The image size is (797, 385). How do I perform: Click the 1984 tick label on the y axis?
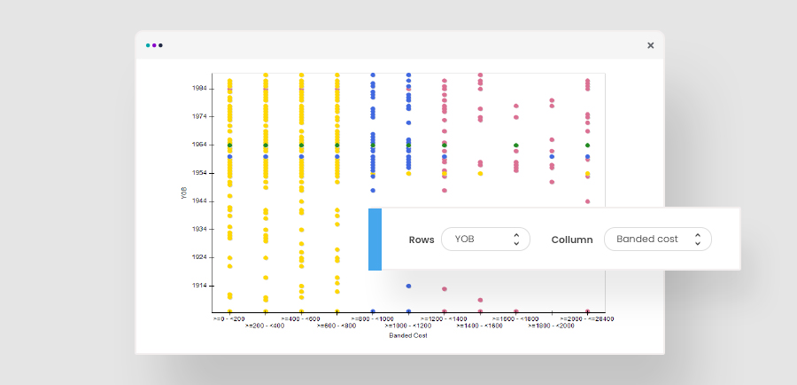(199, 88)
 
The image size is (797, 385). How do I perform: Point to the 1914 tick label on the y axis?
(199, 286)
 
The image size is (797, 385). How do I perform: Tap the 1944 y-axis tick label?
(199, 201)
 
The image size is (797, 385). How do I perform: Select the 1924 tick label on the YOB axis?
(199, 257)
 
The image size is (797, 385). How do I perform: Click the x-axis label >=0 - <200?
(228, 318)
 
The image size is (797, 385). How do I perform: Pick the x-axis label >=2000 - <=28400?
(586, 318)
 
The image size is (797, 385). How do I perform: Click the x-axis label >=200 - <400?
(265, 326)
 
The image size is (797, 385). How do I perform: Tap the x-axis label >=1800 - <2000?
(551, 326)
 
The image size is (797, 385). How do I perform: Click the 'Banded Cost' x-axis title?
(408, 335)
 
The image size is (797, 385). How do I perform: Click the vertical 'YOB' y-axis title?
(184, 192)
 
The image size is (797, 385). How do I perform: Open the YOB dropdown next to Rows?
(485, 240)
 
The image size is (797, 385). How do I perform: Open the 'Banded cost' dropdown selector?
(657, 240)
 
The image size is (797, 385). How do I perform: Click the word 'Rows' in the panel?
(422, 240)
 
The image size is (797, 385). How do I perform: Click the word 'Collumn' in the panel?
(571, 240)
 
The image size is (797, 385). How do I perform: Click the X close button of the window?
(650, 45)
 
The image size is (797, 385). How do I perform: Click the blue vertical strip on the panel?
(375, 240)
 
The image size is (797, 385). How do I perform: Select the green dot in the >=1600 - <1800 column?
(515, 145)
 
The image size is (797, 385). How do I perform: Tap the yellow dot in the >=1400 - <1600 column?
(480, 173)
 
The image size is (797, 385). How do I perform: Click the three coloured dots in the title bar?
(154, 45)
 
